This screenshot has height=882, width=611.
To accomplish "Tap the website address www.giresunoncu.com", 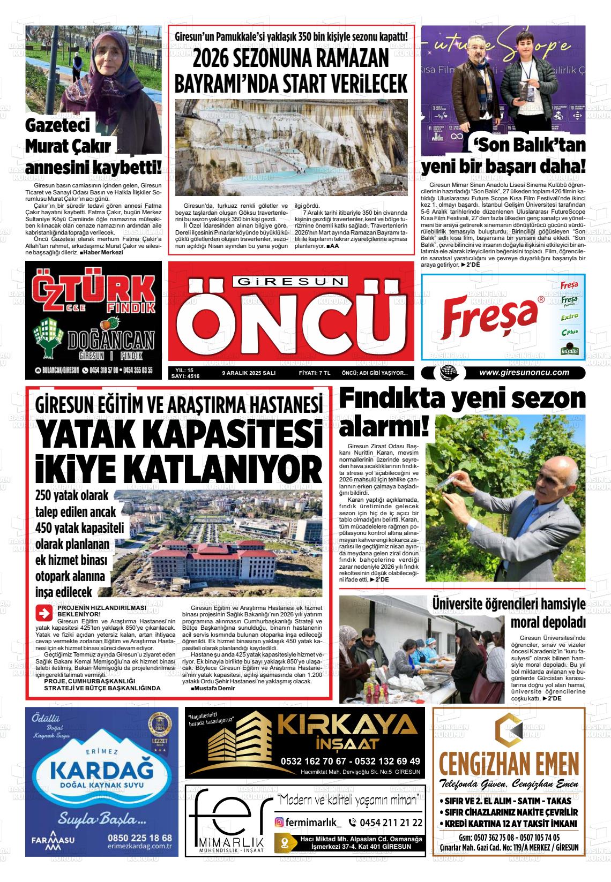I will click(x=524, y=373).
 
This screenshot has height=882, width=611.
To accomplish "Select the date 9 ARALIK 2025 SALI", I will click(x=249, y=373).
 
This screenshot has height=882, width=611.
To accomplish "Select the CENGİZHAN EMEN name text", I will click(x=509, y=763).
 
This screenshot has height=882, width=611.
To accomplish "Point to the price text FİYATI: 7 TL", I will click(x=315, y=373).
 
